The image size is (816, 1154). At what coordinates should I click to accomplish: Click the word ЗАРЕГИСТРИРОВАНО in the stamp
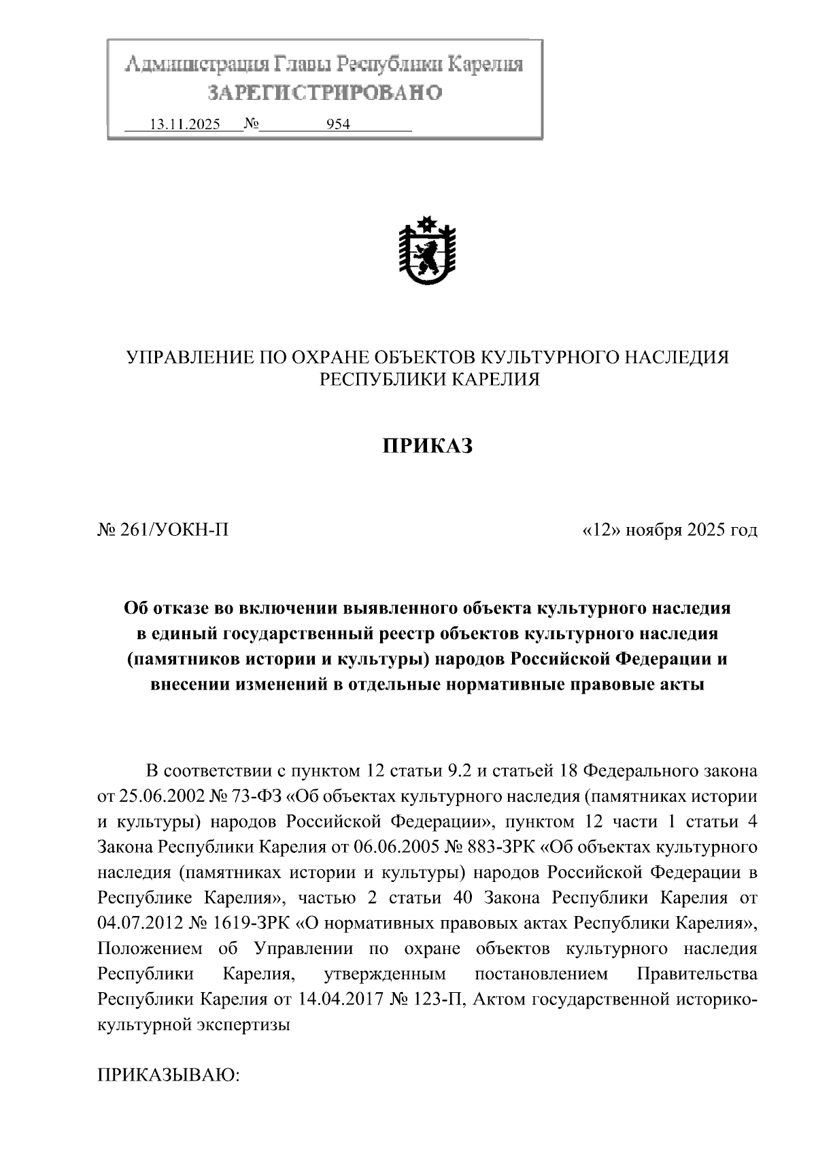click(x=324, y=92)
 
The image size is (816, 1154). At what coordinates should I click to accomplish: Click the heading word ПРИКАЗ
click(x=426, y=446)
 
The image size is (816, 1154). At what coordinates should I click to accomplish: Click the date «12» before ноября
click(x=603, y=529)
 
